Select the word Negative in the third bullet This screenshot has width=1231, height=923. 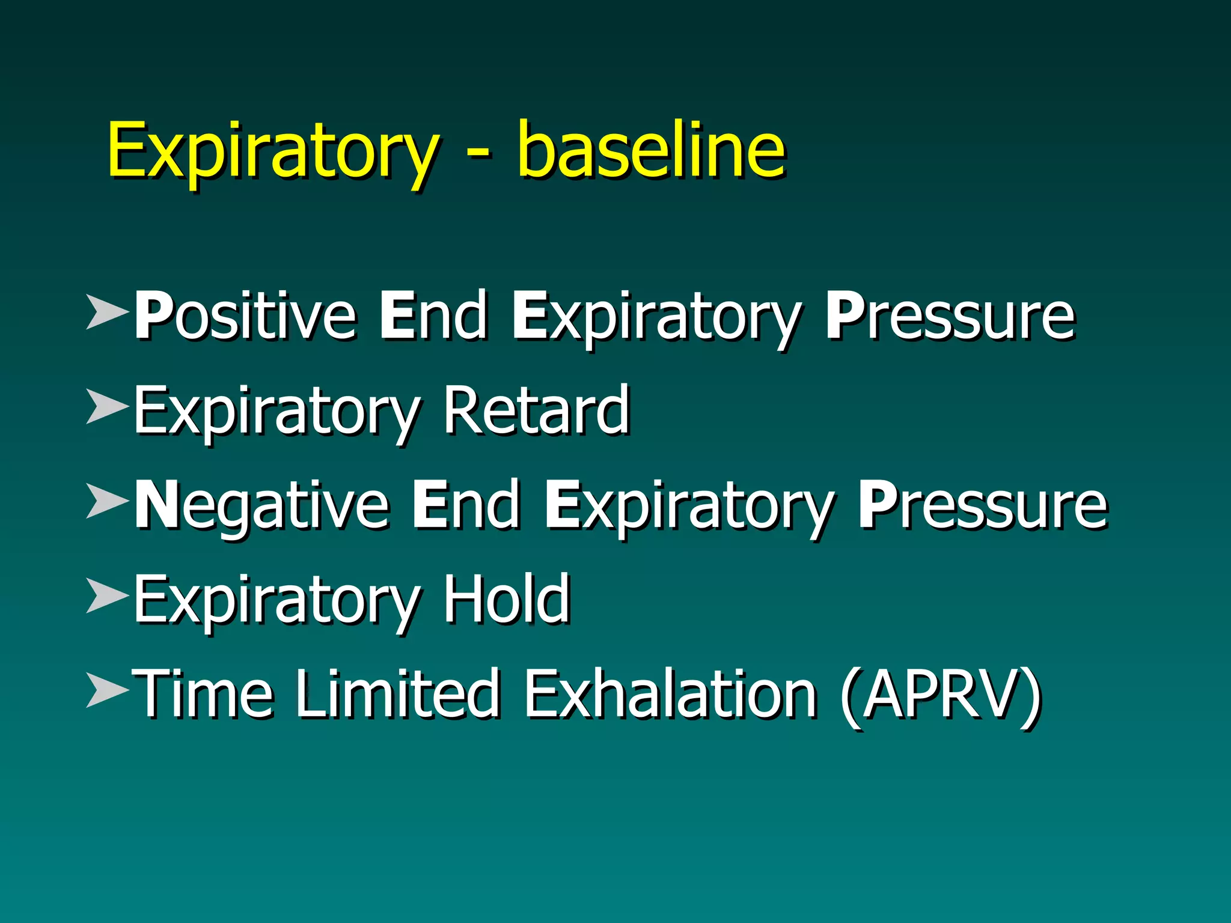tap(261, 505)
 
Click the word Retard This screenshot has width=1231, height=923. tap(537, 411)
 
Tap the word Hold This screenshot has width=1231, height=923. tap(507, 599)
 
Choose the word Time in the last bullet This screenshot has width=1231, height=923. tap(204, 694)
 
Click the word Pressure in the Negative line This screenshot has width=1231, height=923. tap(982, 505)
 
